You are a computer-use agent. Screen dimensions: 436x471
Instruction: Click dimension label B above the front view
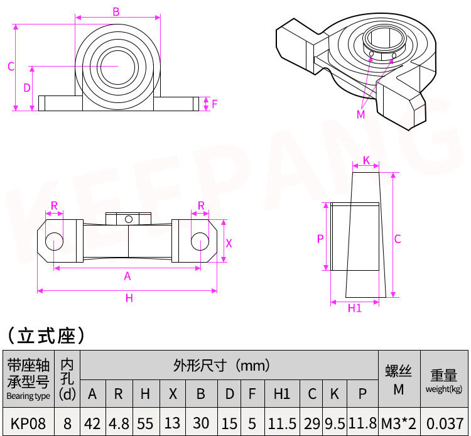116,11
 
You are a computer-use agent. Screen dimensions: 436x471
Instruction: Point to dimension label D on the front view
27,88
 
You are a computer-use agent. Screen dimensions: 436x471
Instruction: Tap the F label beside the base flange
214,104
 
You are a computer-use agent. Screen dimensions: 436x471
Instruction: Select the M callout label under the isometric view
360,114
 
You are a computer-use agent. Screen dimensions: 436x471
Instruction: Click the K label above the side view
366,161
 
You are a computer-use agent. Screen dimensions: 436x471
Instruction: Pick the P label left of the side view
320,239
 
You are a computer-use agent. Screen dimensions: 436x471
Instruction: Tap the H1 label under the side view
355,308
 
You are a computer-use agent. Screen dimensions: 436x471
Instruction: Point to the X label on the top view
229,243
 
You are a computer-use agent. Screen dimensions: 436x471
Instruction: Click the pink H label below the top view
129,298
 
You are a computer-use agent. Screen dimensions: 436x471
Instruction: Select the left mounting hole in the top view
54,241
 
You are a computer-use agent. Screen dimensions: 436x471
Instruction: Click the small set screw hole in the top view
129,219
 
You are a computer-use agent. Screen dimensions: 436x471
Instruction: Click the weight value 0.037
443,423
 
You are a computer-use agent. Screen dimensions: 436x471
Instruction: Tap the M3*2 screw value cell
398,423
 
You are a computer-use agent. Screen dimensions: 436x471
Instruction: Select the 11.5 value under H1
282,423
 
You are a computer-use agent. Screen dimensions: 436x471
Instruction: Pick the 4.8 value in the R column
118,423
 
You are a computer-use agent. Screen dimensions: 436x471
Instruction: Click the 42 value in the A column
92,423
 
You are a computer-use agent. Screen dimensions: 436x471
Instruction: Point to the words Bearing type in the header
28,396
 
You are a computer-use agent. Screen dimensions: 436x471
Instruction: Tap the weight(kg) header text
443,389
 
